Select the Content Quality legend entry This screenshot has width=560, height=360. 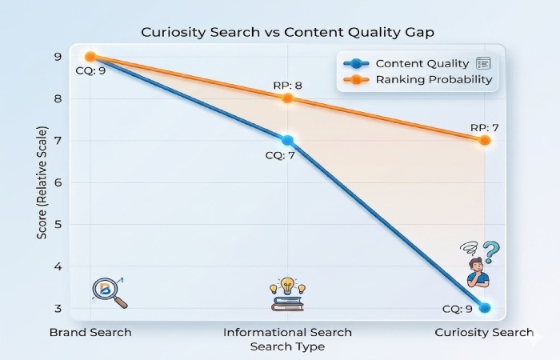422,63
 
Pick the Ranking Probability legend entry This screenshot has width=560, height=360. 434,80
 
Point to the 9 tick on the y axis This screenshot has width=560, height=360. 58,57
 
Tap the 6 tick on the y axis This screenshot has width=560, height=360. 58,182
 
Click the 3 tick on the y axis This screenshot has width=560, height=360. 58,308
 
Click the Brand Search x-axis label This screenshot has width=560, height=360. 90,332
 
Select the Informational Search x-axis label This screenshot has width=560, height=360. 288,332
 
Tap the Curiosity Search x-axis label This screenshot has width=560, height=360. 484,332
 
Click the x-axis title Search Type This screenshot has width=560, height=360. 288,346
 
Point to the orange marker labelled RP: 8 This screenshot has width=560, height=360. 288,98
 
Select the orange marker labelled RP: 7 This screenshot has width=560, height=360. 485,140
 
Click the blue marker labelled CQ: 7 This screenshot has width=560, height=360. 288,140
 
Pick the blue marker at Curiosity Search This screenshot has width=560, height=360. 484,308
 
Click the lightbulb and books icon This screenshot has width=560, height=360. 286,295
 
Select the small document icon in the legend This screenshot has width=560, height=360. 482,63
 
